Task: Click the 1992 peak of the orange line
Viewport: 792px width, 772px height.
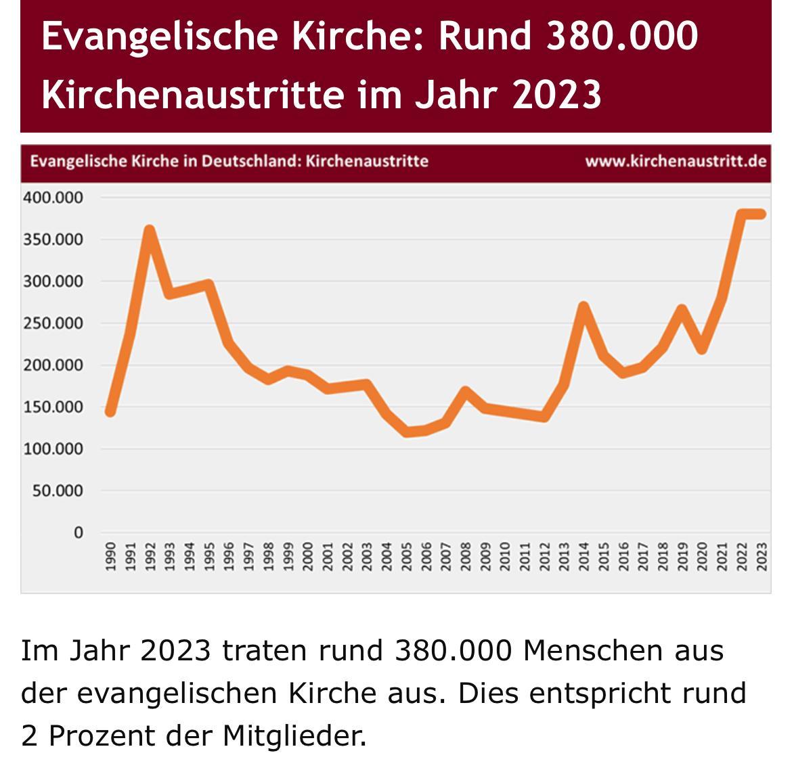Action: (x=150, y=231)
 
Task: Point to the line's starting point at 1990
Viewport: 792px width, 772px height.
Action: (x=110, y=411)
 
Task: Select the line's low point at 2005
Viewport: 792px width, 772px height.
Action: (x=406, y=432)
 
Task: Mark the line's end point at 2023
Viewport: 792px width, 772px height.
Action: (x=761, y=214)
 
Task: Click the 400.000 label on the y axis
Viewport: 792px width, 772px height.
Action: (x=53, y=198)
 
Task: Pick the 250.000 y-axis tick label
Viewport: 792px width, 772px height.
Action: (x=53, y=323)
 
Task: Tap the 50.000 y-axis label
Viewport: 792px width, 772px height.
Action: (x=58, y=491)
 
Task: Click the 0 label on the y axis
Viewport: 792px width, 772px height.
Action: (x=79, y=532)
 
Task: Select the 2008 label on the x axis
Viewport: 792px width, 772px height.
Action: (x=465, y=556)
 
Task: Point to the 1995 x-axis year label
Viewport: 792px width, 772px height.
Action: (x=209, y=556)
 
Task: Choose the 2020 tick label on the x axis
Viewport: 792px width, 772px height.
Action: (x=702, y=556)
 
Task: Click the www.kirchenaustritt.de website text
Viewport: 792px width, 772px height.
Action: (x=676, y=162)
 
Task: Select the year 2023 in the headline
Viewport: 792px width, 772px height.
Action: (x=556, y=94)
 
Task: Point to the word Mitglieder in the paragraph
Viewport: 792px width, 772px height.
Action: (x=294, y=735)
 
